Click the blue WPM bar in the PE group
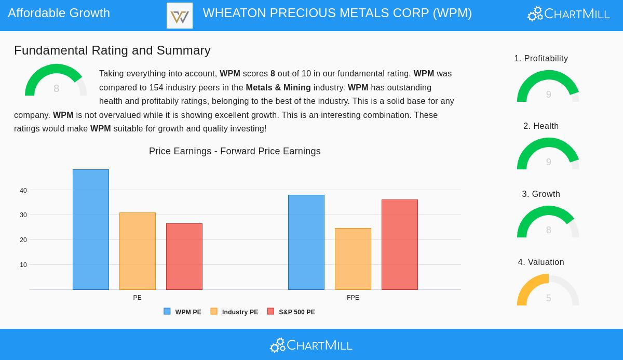pos(91,230)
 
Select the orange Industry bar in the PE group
pos(138,251)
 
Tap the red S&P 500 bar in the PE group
pos(184,257)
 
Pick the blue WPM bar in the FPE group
pos(306,242)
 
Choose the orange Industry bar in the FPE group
pos(353,259)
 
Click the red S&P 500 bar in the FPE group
pos(400,245)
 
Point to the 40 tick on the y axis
pos(23,191)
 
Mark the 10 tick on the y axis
pos(23,265)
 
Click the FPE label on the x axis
pos(353,298)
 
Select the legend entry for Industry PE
pos(234,312)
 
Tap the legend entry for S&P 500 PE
pos(291,312)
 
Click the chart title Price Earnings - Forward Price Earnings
pos(235,151)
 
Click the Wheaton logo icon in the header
pos(180,16)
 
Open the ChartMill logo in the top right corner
pos(568,14)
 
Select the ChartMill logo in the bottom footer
pos(311,345)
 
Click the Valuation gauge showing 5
pos(548,291)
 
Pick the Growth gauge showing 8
pos(548,223)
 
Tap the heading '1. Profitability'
pos(541,59)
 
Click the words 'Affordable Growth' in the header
pos(59,13)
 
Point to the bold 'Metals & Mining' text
pos(278,88)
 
